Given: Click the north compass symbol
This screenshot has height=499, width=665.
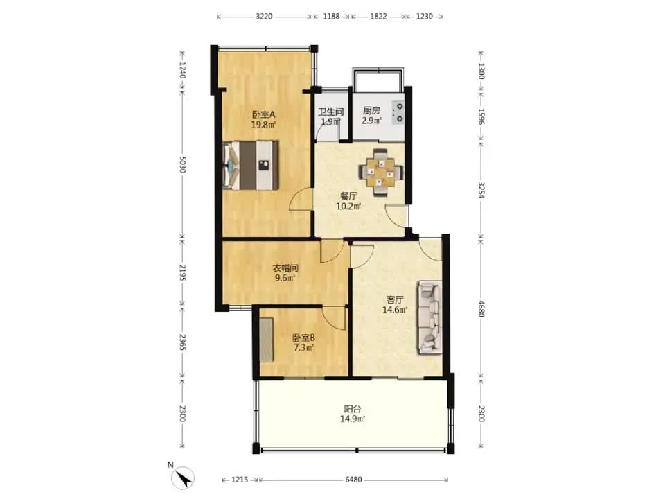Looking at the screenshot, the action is click(x=183, y=478).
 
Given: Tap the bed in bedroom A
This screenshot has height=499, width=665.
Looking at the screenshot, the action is click(x=251, y=165).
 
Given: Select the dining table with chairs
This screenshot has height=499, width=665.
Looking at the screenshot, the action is click(x=381, y=172).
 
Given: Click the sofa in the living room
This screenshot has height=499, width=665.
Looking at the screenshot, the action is click(x=429, y=317).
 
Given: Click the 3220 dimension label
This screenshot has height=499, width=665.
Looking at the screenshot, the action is click(x=264, y=17).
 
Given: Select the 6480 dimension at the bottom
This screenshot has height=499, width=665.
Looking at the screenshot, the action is click(x=353, y=480).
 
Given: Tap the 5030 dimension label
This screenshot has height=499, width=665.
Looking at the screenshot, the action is click(x=182, y=165).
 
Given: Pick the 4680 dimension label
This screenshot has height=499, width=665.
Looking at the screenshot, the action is click(x=481, y=308).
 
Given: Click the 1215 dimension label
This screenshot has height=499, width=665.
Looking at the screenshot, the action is click(x=240, y=480).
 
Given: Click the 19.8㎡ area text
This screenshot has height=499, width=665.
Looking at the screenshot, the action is click(x=263, y=125).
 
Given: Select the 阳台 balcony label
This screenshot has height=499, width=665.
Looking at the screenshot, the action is click(x=353, y=409).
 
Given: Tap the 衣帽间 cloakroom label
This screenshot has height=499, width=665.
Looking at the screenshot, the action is click(x=285, y=268).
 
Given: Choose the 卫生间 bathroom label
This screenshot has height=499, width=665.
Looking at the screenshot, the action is click(x=331, y=112).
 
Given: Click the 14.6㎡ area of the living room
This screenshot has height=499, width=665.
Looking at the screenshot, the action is click(x=395, y=310).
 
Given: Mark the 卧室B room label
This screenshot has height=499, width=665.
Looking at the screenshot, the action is click(x=303, y=338).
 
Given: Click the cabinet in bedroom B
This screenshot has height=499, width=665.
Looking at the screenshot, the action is click(x=266, y=340).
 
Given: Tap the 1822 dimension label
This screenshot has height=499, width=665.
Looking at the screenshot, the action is click(x=378, y=17).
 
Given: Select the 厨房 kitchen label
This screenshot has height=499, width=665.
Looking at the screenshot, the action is click(x=371, y=111).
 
